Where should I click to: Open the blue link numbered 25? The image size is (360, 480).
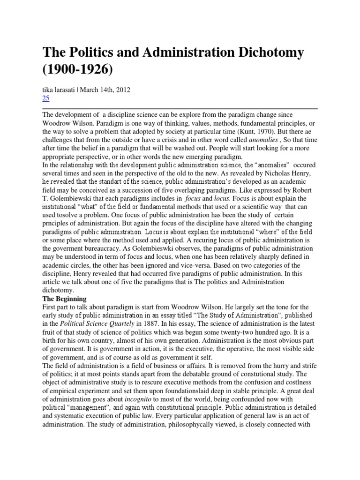[x=46, y=98]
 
